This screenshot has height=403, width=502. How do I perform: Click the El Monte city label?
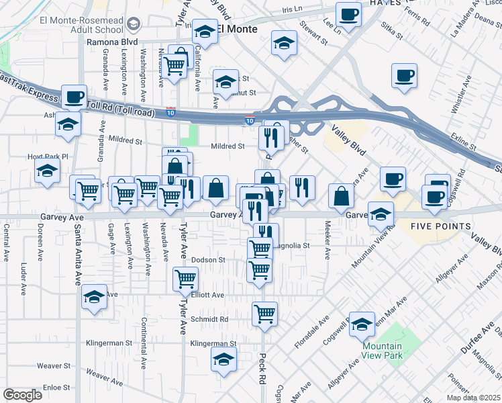point(236,30)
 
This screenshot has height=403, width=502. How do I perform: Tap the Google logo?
point(22,395)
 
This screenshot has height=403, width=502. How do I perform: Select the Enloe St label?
point(56,388)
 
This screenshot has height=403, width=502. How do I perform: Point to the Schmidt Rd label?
point(209,319)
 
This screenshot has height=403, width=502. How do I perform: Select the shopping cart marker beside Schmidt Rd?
point(265,313)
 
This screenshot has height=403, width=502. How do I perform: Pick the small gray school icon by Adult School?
point(133,25)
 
